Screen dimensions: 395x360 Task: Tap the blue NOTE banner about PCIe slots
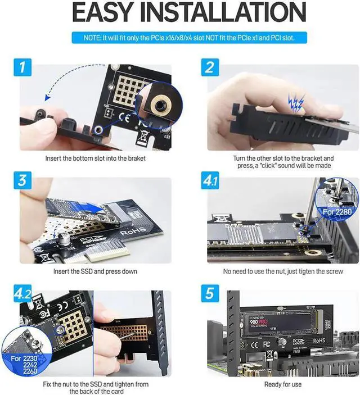tap(180, 38)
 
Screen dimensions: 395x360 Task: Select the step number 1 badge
tap(24, 69)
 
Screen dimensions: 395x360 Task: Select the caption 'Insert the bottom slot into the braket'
tap(95, 159)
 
